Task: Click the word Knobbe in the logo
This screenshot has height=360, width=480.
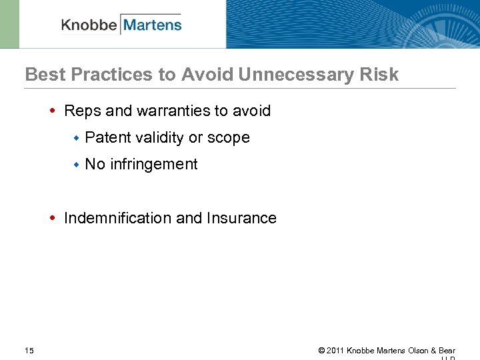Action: (x=89, y=25)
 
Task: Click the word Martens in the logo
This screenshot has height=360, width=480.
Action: (x=152, y=25)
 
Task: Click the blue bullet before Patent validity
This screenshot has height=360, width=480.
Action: (x=77, y=138)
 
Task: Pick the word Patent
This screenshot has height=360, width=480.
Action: (x=108, y=137)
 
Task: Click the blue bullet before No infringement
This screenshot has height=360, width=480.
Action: (x=77, y=165)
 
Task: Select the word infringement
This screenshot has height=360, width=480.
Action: (x=154, y=165)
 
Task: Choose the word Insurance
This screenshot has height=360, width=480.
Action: (x=241, y=218)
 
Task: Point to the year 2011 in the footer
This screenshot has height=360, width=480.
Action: (x=335, y=351)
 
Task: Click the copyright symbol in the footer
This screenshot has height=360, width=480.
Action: (x=321, y=351)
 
